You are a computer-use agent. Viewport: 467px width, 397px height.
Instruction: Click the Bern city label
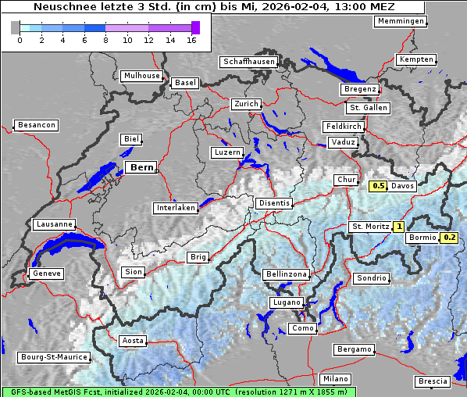pos(141,167)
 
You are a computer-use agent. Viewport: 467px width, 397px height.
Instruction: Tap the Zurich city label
pos(245,104)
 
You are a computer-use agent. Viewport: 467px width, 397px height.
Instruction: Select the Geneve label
pos(45,274)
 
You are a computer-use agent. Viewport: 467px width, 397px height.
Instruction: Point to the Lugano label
pos(286,302)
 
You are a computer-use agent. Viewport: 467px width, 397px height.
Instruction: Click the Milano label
pos(336,379)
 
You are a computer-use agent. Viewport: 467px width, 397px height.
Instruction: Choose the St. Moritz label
pos(369,227)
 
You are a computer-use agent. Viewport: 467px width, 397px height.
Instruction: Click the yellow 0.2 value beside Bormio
pos(449,238)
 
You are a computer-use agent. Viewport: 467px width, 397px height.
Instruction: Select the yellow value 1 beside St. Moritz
pos(398,227)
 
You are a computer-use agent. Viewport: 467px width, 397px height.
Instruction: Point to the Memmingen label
pos(401,21)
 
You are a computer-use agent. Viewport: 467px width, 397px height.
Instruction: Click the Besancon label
pos(36,125)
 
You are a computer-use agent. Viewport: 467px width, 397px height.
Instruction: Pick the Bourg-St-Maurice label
pos(53,357)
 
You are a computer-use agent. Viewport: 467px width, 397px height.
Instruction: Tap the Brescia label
pos(433,381)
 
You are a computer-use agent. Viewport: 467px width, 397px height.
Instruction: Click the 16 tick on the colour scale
pos(192,40)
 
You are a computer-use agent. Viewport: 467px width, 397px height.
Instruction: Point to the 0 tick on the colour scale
pos(19,40)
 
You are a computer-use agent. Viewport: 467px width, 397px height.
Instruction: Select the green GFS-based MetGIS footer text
pos(178,392)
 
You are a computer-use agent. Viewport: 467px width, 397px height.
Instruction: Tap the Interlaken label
pos(176,209)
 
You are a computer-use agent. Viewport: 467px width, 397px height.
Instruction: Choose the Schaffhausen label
pos(248,62)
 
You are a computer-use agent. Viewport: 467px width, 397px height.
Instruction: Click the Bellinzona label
pos(287,274)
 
